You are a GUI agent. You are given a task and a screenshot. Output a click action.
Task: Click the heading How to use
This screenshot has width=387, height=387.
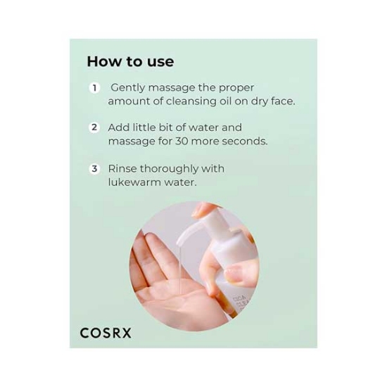tap(130, 61)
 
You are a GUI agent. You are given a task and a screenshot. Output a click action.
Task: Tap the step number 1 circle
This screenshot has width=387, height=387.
tap(94, 88)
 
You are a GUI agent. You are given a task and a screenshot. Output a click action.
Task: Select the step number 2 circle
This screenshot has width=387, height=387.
tap(94, 127)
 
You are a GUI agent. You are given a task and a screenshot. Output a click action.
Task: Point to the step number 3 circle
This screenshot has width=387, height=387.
tap(94, 169)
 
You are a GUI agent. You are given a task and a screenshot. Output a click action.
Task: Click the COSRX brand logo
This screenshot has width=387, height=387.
tap(106, 333)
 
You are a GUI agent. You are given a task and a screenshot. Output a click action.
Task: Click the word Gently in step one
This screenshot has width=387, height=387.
tap(128, 88)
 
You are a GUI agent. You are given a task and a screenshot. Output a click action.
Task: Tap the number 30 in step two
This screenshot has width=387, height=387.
tap(182, 141)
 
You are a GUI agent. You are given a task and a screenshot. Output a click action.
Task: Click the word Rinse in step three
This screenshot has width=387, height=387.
tap(122, 169)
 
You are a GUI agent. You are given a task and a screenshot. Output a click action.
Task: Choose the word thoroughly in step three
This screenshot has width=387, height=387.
tap(169, 170)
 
